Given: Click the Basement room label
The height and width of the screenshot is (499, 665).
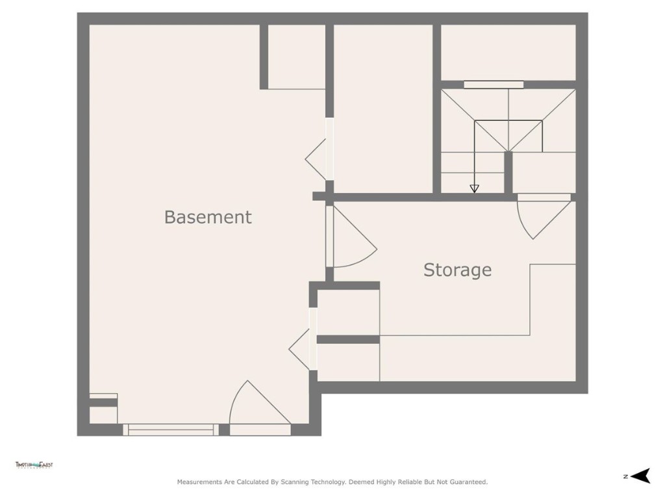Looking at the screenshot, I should coord(207,217).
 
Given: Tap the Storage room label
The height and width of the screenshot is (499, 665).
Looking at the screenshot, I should coord(457,270).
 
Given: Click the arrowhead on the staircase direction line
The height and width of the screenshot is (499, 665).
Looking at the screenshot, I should coord(474,188).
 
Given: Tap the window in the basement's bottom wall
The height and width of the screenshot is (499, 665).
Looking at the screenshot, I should coord(171,429).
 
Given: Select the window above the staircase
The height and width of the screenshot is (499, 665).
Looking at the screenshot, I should coord(494,84).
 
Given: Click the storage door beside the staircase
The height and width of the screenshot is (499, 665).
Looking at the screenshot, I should coord(542,214).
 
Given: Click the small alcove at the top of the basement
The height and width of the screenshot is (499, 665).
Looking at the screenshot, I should coord(296,57).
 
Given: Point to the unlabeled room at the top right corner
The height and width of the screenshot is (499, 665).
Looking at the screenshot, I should coord(508,52).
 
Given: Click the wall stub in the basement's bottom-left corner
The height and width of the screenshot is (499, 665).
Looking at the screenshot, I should coord(103,403).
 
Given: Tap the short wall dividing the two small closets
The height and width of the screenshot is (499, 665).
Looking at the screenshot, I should coord(348,339).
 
